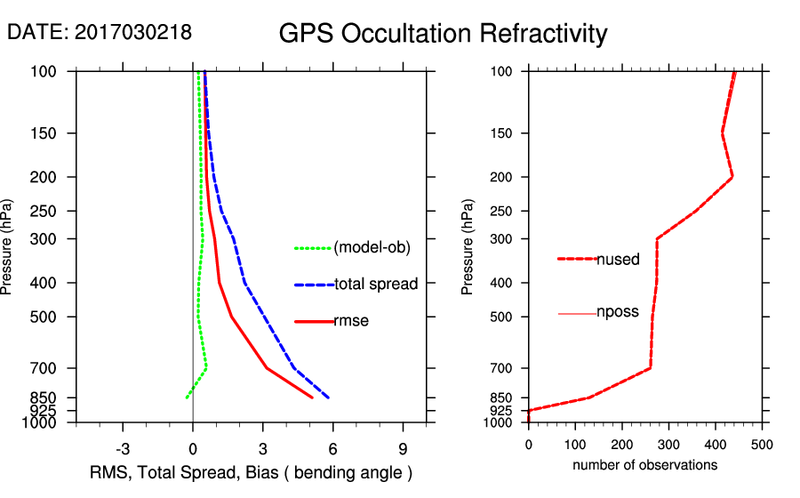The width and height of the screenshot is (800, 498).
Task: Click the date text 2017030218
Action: [133, 33]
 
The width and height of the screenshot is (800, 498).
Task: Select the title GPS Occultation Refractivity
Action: [443, 34]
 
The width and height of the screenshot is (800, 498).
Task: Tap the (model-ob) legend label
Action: [372, 248]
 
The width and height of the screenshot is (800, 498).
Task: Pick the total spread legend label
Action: [376, 285]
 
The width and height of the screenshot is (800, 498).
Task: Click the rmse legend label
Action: [351, 321]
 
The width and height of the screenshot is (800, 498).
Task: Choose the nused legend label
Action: [618, 260]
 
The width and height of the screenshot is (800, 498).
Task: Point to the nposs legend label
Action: [618, 313]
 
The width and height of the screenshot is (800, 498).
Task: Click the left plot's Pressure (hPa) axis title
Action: [8, 246]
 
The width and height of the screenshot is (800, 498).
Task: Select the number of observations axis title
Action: [644, 466]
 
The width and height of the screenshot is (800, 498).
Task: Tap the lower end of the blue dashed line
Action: [329, 398]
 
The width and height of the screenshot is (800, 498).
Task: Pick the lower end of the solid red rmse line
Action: [312, 398]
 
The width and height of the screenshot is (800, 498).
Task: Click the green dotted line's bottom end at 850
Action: [187, 398]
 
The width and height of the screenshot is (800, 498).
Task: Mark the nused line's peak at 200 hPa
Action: [732, 177]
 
